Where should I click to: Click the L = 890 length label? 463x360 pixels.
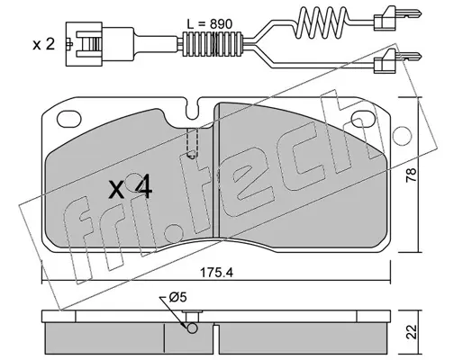pos(209,24)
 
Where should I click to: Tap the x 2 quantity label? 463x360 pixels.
pos(43,45)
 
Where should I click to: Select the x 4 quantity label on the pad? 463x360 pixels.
pos(131,189)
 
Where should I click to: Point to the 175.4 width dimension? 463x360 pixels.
pos(216,273)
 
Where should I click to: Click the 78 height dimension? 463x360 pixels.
pos(411,175)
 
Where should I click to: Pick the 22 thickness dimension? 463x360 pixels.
pos(411,331)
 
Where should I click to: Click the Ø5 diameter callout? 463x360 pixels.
pos(177,298)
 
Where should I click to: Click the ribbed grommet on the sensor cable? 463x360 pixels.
pos(213,43)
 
